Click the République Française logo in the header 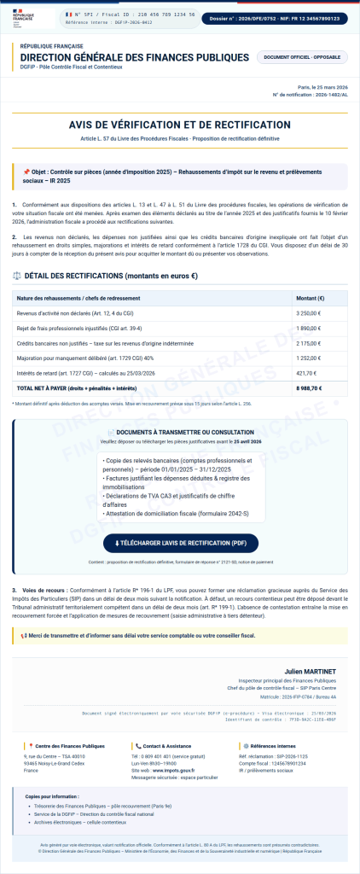click(26, 17)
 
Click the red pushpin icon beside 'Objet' click(26, 172)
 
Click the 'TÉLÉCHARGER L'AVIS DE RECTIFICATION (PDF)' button click(179, 542)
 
